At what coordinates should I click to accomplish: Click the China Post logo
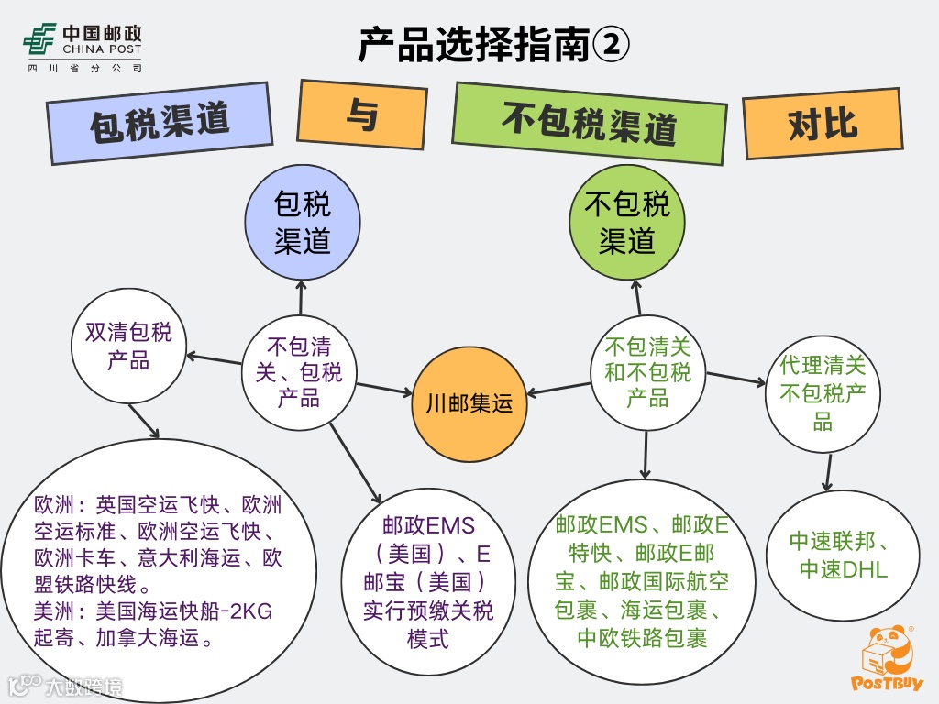tap(83, 46)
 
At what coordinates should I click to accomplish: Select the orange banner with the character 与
tap(362, 115)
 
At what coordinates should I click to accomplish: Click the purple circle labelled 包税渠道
tap(302, 223)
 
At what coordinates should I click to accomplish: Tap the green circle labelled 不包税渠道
tap(627, 223)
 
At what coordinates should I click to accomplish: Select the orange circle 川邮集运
tap(469, 403)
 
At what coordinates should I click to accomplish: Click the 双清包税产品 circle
tap(128, 346)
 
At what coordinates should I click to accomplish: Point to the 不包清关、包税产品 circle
tap(298, 371)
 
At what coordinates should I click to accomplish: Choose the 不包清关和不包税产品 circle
tap(647, 371)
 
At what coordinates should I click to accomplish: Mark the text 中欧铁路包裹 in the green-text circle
tap(642, 638)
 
